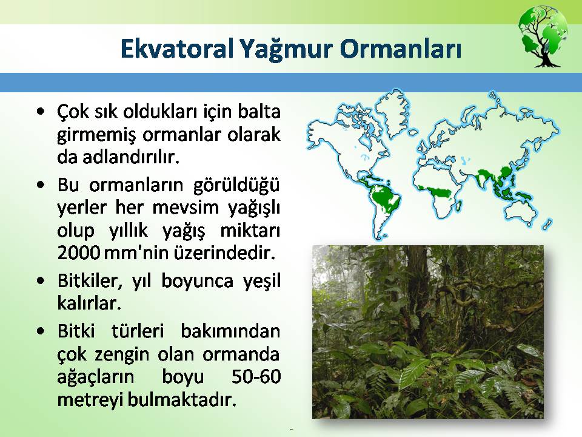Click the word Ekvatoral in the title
176,49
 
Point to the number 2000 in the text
79,252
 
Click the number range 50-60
256,376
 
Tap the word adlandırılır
131,157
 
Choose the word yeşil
262,281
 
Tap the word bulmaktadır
182,400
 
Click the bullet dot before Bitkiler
41,280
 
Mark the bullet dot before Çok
41,111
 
